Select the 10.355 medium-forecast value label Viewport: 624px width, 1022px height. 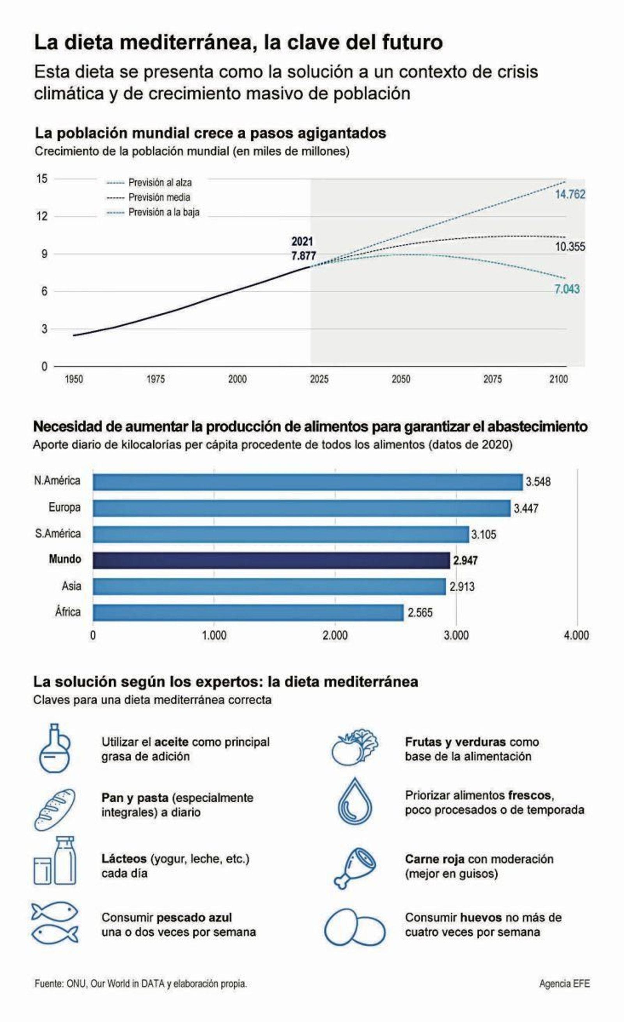(x=570, y=247)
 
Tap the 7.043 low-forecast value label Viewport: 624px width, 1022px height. (x=567, y=289)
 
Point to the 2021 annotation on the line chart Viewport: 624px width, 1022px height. (x=302, y=242)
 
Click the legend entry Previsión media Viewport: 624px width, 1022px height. (x=159, y=197)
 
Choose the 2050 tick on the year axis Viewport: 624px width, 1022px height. (x=401, y=379)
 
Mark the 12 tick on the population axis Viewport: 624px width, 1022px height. (x=42, y=216)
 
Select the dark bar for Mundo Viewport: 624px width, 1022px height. (x=271, y=560)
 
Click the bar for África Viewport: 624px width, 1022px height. (x=248, y=613)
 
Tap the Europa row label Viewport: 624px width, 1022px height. (x=64, y=507)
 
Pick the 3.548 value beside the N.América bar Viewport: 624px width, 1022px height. (x=538, y=482)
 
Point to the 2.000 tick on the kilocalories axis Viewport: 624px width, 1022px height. (x=335, y=635)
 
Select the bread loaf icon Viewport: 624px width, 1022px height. (x=55, y=810)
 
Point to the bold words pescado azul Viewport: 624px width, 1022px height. (x=194, y=917)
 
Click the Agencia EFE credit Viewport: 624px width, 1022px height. (x=564, y=983)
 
